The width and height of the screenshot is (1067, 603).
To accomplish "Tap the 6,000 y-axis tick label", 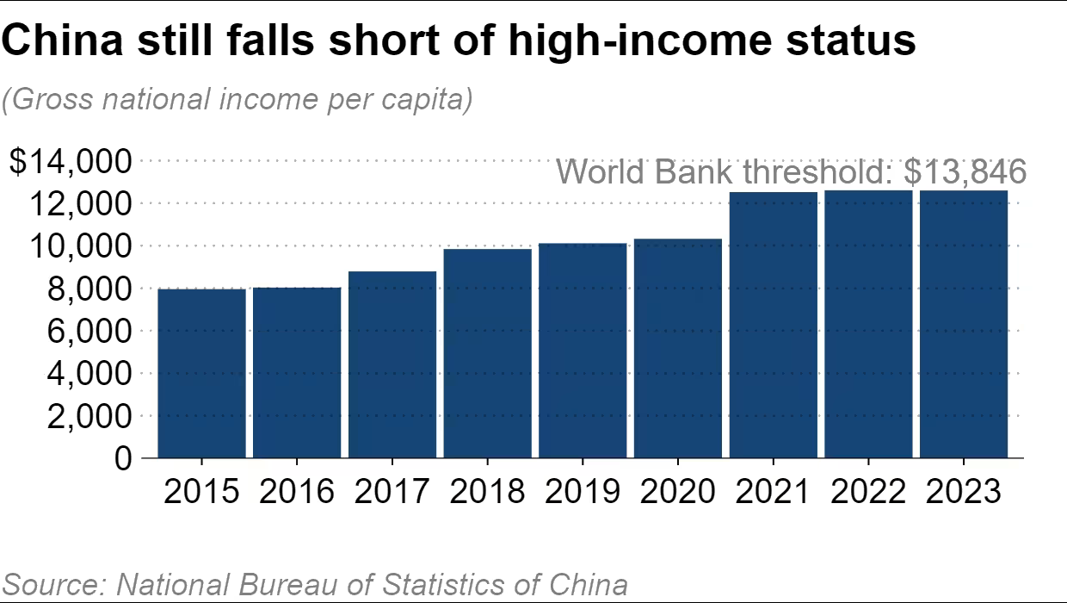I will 83,331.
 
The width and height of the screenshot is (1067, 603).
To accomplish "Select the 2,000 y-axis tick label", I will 83,416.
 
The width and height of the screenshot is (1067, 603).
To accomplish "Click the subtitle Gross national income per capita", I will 237,100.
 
